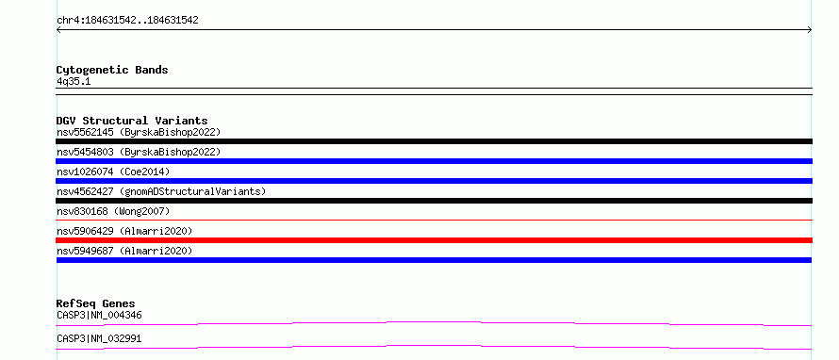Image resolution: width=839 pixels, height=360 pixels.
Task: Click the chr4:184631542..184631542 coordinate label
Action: tap(127, 21)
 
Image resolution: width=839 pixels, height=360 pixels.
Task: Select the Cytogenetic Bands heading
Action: tap(112, 70)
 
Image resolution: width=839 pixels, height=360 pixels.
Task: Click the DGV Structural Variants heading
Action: tap(132, 121)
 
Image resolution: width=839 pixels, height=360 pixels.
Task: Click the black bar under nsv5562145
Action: tap(434, 141)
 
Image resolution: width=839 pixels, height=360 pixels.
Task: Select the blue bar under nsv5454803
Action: tap(434, 161)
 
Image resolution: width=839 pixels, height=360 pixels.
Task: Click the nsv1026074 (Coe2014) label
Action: tap(113, 172)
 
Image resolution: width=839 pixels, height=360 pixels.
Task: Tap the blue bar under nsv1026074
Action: tap(434, 181)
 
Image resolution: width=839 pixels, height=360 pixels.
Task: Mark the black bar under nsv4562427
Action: tap(434, 201)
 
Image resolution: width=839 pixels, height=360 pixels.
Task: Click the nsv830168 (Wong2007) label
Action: tap(113, 211)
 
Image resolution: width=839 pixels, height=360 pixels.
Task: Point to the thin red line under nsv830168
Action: tap(434, 220)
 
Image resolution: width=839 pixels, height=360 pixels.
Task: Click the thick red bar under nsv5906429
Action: tap(434, 240)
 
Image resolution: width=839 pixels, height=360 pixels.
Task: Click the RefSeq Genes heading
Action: tap(96, 303)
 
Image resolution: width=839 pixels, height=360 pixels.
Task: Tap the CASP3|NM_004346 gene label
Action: tap(99, 315)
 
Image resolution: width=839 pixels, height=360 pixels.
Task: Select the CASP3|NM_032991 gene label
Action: tap(99, 338)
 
